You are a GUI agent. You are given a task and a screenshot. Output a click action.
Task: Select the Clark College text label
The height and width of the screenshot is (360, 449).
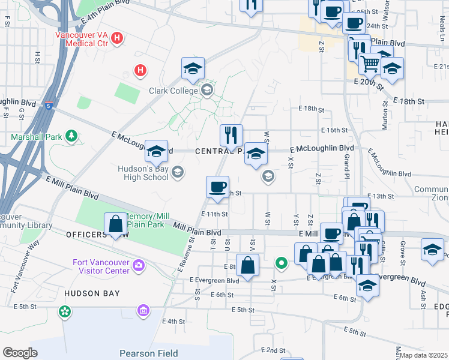[173, 91]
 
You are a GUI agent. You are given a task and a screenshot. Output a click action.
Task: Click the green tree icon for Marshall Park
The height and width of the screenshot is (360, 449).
[71, 137]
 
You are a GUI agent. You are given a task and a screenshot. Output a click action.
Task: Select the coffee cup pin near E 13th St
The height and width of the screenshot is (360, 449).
[217, 186]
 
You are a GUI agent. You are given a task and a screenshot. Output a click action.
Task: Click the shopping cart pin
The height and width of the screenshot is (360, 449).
[370, 62]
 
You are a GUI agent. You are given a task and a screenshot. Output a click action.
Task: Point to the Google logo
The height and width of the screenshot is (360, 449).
[20, 353]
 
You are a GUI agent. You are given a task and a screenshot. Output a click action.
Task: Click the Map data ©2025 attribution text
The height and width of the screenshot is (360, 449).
[424, 355]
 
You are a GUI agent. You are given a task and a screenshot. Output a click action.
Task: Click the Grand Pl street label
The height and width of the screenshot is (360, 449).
[347, 166]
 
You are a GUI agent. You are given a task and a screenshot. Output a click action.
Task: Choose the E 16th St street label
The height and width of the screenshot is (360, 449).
[334, 130]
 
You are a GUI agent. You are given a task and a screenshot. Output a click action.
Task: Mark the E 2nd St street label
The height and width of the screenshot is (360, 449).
[273, 350]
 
